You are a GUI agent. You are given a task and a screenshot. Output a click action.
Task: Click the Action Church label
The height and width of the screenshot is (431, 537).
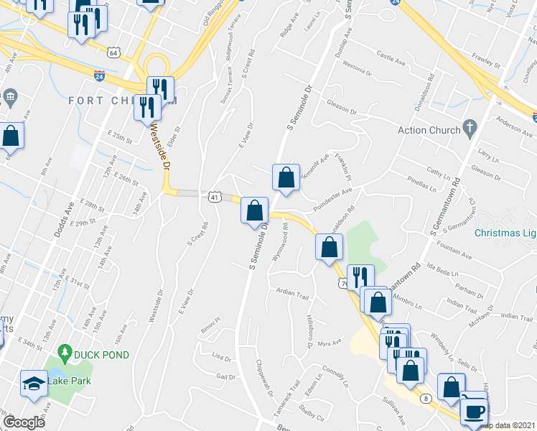point(429,130)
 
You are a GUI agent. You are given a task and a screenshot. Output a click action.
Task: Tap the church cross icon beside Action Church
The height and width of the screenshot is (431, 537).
point(470,129)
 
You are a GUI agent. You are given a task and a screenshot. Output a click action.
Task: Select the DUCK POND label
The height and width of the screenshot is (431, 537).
point(104,354)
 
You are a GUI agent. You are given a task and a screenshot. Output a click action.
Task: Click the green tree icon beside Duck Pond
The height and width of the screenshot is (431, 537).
point(65,352)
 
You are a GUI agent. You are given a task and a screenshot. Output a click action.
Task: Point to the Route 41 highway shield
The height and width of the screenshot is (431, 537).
point(214,196)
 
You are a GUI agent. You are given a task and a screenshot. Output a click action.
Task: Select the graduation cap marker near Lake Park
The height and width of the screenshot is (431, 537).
point(33,384)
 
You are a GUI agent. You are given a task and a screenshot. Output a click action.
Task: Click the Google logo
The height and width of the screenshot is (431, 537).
point(24,422)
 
